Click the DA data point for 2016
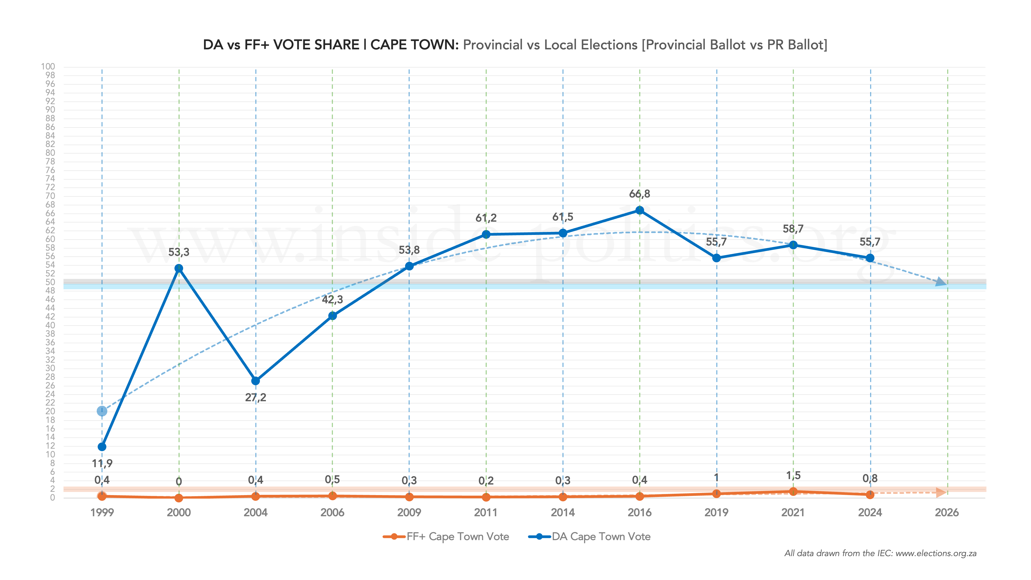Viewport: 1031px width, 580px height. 639,210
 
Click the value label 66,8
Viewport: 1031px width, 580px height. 639,194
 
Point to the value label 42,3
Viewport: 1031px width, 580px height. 332,299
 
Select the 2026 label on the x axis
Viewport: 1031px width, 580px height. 947,512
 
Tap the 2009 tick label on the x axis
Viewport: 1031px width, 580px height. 409,512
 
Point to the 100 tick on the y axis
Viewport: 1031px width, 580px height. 48,66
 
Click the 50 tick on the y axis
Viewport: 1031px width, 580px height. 50,282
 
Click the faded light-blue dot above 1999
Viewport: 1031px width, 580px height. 102,411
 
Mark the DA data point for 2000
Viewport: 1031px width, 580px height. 179,268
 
